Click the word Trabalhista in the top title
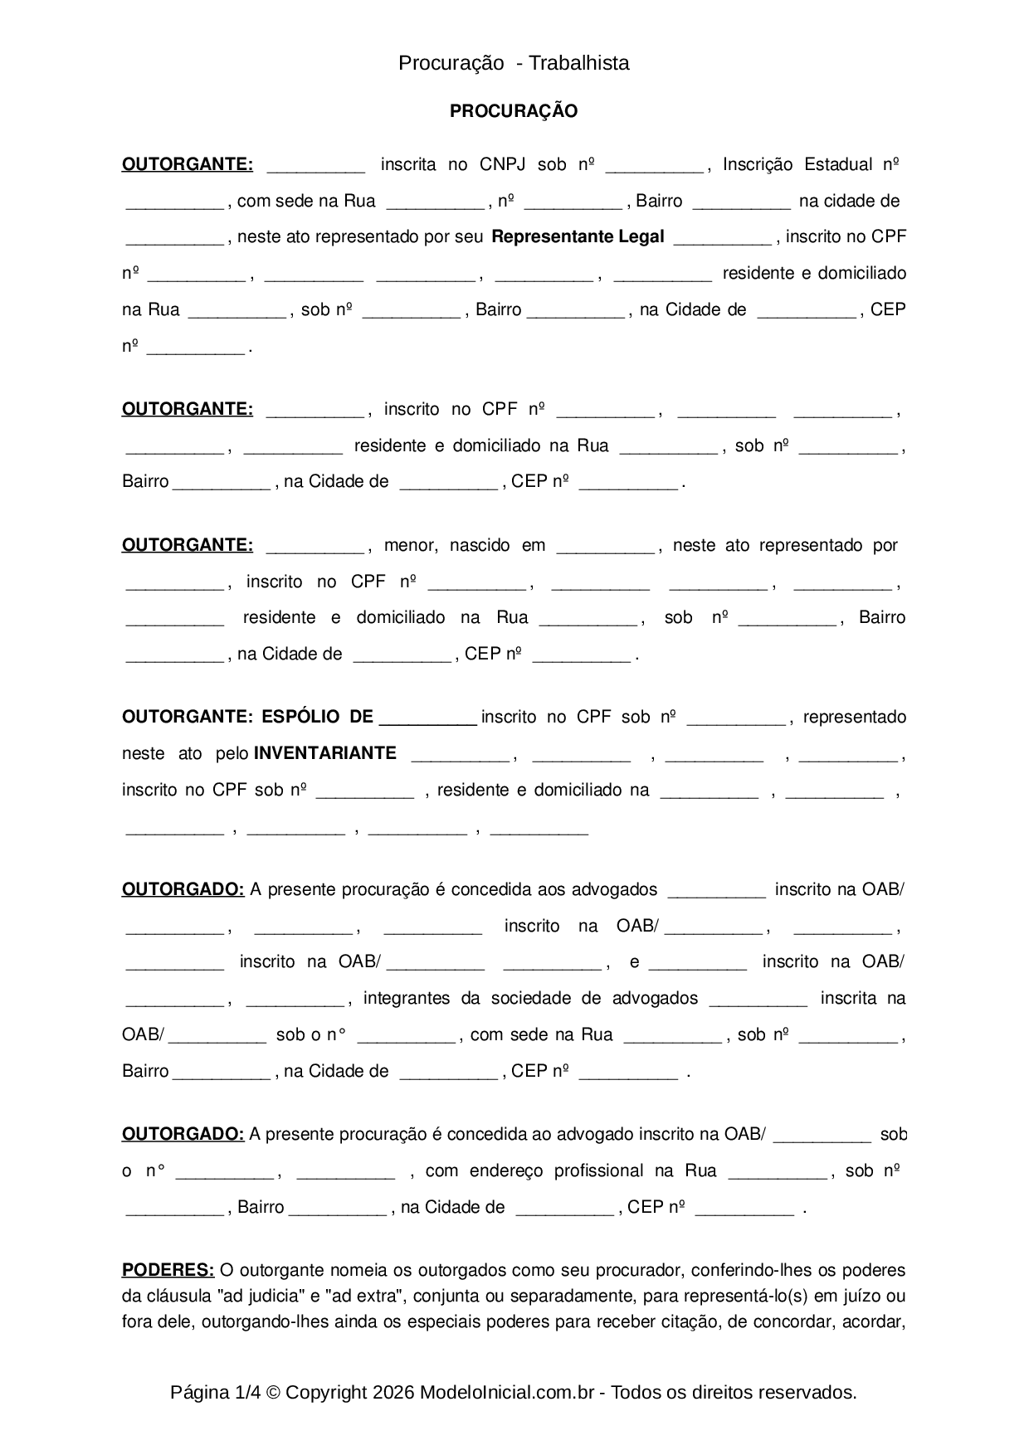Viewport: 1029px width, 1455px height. point(578,63)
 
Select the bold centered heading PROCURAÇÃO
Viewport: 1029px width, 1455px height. point(514,111)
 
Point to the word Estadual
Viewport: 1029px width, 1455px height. point(837,164)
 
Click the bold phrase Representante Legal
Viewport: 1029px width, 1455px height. point(578,236)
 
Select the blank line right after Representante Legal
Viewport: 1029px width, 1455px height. point(722,241)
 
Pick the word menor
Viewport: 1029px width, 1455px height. point(410,545)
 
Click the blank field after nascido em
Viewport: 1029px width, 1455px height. point(606,549)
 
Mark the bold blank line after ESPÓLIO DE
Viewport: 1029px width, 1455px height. point(427,721)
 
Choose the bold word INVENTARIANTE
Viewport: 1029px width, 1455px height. point(324,753)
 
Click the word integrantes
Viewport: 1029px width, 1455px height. point(406,998)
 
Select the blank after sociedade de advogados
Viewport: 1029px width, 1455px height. point(758,1002)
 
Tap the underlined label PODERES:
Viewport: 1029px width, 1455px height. point(168,1270)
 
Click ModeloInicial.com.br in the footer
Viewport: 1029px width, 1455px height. point(506,1393)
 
